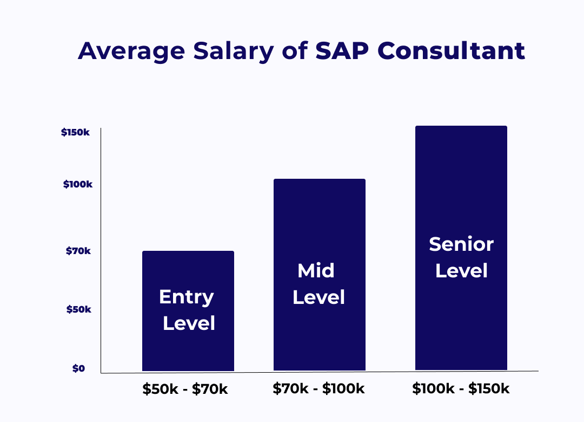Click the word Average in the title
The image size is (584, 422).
point(131,51)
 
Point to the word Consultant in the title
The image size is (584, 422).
point(451,51)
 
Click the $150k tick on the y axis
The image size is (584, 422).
point(75,132)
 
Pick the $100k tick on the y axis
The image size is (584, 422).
point(77,184)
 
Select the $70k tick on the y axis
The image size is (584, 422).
point(78,251)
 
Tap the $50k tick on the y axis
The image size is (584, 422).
point(78,309)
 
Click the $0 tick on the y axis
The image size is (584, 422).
point(78,369)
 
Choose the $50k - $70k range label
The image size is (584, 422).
point(185,389)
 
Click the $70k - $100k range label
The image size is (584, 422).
point(318,388)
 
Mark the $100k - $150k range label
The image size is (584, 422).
point(461,388)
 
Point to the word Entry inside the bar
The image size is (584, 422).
point(187,297)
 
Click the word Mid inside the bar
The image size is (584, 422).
point(316,270)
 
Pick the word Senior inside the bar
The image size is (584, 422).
point(461,244)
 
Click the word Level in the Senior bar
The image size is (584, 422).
point(461,270)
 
